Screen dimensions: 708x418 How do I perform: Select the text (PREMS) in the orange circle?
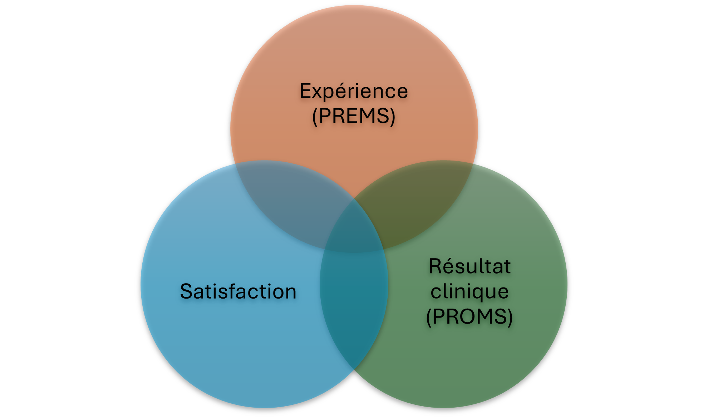tap(354, 116)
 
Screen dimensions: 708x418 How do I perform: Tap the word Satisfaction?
tap(238, 291)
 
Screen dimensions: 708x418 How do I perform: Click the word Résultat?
tap(470, 266)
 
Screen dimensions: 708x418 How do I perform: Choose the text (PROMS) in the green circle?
tap(469, 317)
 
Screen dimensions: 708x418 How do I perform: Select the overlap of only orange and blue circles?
tap(286, 200)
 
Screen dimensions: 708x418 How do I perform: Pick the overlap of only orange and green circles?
tap(422, 200)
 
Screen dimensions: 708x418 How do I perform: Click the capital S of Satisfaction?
tap(187, 291)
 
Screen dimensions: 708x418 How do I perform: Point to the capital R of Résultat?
tap(436, 266)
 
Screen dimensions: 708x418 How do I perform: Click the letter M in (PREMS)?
tap(368, 116)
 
